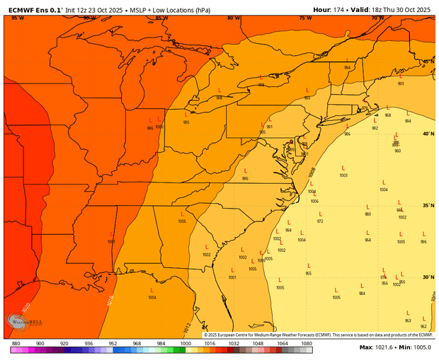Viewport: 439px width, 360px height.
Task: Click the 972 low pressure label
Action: coord(320,221)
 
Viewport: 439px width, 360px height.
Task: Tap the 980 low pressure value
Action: coord(367,214)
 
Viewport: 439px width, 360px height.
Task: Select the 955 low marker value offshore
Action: coord(308,273)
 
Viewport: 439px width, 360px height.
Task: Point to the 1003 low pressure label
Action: coord(343,175)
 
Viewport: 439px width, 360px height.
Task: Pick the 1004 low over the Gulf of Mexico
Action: coord(152,298)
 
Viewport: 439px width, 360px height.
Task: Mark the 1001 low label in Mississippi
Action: coord(111,242)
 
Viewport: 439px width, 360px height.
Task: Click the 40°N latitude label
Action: coord(428,134)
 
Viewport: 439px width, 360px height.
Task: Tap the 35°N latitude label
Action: coord(428,206)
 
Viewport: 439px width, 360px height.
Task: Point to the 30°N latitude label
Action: coord(428,277)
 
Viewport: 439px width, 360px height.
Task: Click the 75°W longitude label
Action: coord(305,18)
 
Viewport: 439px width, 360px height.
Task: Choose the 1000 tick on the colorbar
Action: coord(185,342)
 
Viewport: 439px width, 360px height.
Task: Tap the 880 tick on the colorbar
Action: coord(16,342)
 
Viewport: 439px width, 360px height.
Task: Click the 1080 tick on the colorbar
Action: coord(306,342)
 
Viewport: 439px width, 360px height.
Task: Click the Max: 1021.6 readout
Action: coord(380,347)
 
